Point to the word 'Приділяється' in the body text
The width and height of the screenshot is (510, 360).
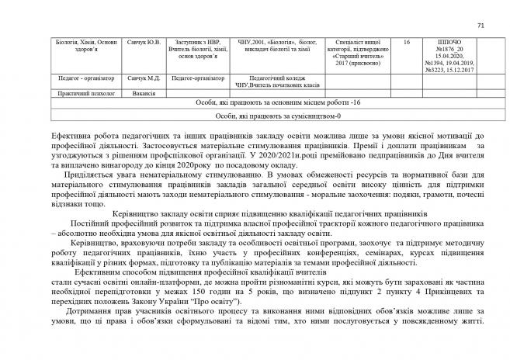(78, 175)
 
